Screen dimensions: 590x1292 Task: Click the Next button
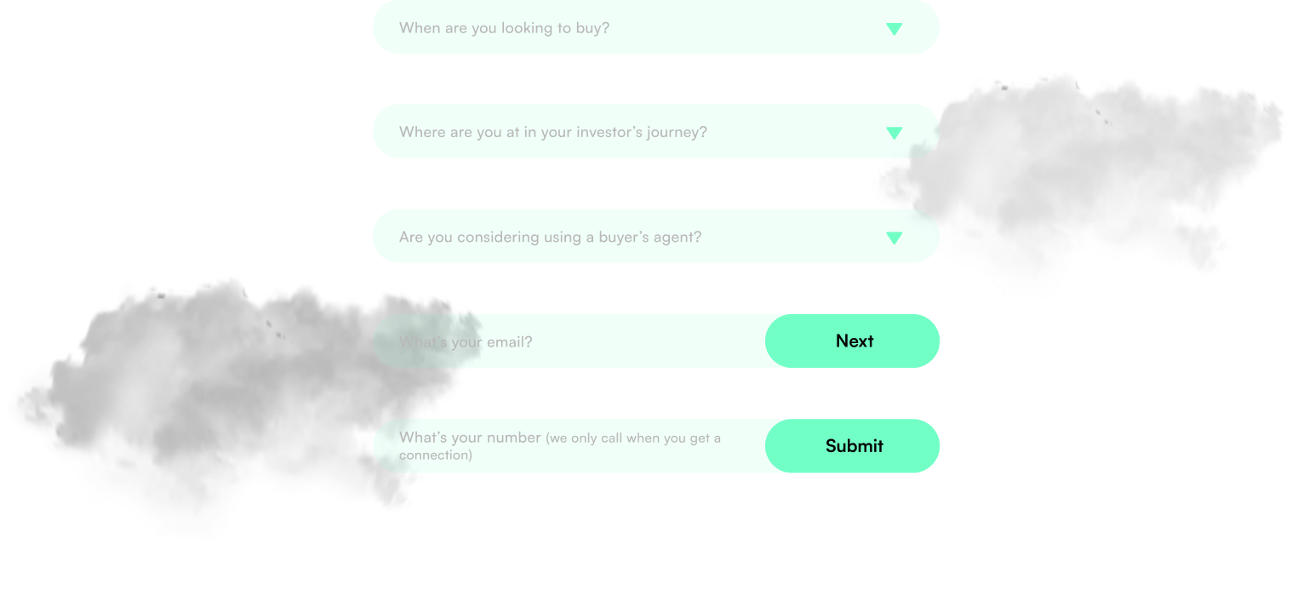coord(855,341)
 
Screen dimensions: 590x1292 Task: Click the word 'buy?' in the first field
coord(593,28)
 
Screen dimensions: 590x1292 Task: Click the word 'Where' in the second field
coord(421,132)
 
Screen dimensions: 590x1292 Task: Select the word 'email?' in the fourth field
coord(509,342)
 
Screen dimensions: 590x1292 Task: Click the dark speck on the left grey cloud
coord(271,324)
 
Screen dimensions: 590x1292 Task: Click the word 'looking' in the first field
coord(526,28)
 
